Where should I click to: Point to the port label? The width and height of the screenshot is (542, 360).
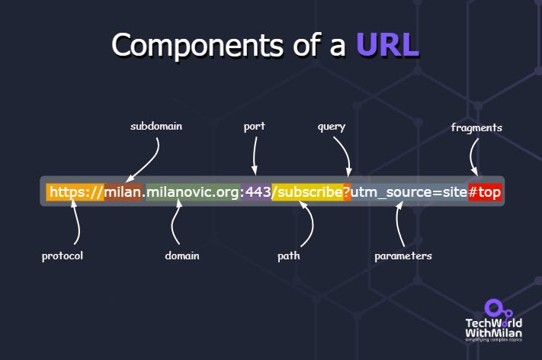[254, 126]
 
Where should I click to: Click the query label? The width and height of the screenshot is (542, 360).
[332, 126]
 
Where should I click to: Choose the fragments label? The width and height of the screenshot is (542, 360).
[476, 127]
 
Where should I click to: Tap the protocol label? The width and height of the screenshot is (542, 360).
[63, 256]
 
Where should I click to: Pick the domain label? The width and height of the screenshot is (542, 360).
[182, 256]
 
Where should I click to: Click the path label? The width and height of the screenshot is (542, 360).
[288, 256]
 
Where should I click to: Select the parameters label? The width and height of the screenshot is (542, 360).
[403, 256]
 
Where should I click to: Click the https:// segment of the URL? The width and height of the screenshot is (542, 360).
[75, 192]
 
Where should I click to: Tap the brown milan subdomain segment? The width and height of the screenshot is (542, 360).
[123, 192]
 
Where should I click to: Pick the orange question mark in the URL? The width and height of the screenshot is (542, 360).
[347, 192]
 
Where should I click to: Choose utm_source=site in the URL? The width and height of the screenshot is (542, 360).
[409, 192]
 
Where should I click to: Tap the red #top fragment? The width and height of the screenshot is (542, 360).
[485, 192]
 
